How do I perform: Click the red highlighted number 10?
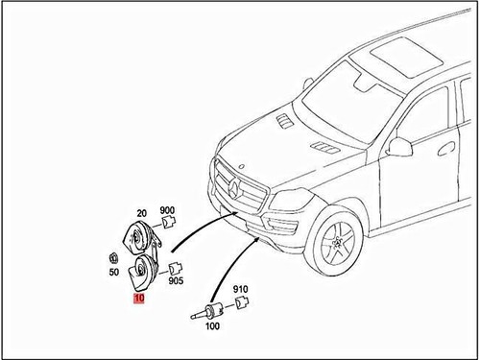point(138,300)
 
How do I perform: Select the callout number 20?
point(141,213)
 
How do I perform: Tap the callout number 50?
point(110,273)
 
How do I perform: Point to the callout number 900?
point(167,211)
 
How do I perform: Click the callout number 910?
point(240,289)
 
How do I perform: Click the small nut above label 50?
point(112,258)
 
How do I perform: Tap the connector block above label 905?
point(175,268)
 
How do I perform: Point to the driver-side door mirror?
point(397,147)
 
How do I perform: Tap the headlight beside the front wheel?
point(288,204)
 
